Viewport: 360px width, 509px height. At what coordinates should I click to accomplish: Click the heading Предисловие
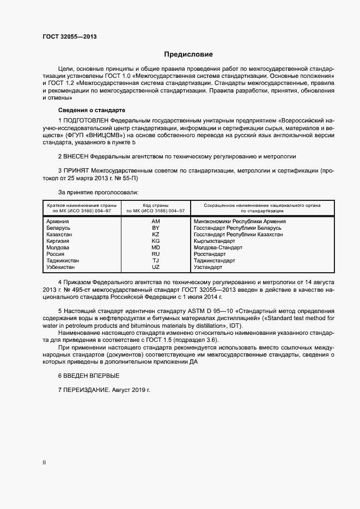(189, 54)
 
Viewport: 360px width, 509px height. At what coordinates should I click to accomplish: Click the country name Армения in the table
(58, 222)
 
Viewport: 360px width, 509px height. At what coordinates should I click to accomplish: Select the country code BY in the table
(155, 228)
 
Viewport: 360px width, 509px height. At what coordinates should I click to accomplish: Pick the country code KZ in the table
(155, 234)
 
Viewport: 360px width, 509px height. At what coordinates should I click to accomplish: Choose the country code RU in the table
(155, 254)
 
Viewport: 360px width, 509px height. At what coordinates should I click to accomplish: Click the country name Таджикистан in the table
(63, 261)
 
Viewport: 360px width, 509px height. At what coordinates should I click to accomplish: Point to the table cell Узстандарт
(208, 267)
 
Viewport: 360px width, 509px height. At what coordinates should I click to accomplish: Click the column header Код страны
(155, 205)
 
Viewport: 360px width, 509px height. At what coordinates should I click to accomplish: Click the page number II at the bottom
(45, 463)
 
